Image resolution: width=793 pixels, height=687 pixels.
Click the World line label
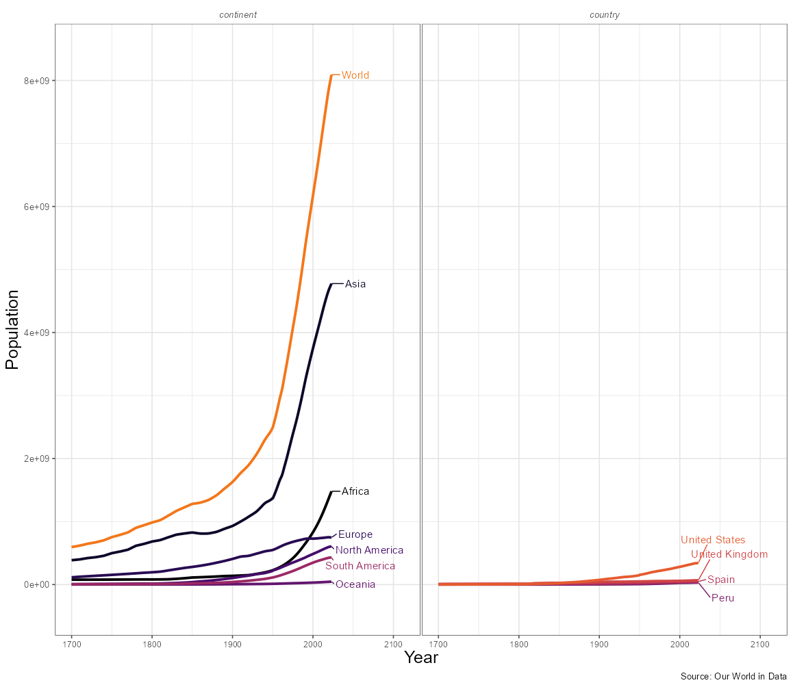click(x=355, y=75)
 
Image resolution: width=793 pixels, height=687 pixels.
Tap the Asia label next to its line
click(x=355, y=284)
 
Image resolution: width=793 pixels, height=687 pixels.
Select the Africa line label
click(x=355, y=491)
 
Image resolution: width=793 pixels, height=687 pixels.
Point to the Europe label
click(x=355, y=534)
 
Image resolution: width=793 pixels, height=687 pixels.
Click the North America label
click(x=369, y=550)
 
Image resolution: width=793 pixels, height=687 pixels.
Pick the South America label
click(x=360, y=566)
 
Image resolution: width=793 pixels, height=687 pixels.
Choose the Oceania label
click(x=355, y=584)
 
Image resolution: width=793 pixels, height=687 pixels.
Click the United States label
click(x=713, y=540)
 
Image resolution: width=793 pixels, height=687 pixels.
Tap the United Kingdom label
click(x=729, y=554)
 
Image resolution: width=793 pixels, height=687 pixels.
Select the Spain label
click(x=721, y=580)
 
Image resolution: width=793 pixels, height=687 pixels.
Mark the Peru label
click(x=722, y=598)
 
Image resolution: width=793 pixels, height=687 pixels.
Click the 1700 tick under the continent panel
click(x=71, y=644)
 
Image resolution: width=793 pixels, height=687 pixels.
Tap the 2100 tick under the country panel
click(x=760, y=644)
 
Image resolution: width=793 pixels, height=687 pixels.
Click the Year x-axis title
click(x=421, y=658)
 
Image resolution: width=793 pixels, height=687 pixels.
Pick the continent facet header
click(x=238, y=14)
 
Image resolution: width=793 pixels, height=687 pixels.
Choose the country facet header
click(x=605, y=14)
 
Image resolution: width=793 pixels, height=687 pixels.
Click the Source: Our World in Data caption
click(x=733, y=676)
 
